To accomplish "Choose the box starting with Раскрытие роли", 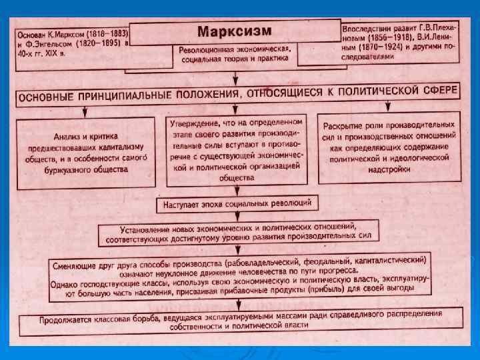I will [389, 148].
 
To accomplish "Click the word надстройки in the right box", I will [389, 170].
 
